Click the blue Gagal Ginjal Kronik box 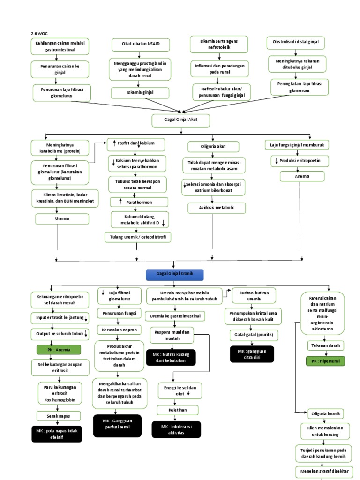point(180,273)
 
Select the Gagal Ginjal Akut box point(181,120)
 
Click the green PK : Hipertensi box point(325,361)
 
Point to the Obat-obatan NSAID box point(141,45)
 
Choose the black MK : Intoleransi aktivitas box point(176,429)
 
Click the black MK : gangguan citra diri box point(252,354)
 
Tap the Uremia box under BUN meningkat point(62,218)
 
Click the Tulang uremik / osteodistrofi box point(138,237)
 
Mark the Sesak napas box point(59,415)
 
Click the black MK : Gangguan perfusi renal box point(117,424)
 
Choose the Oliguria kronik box point(325,413)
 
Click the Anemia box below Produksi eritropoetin point(302,176)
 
